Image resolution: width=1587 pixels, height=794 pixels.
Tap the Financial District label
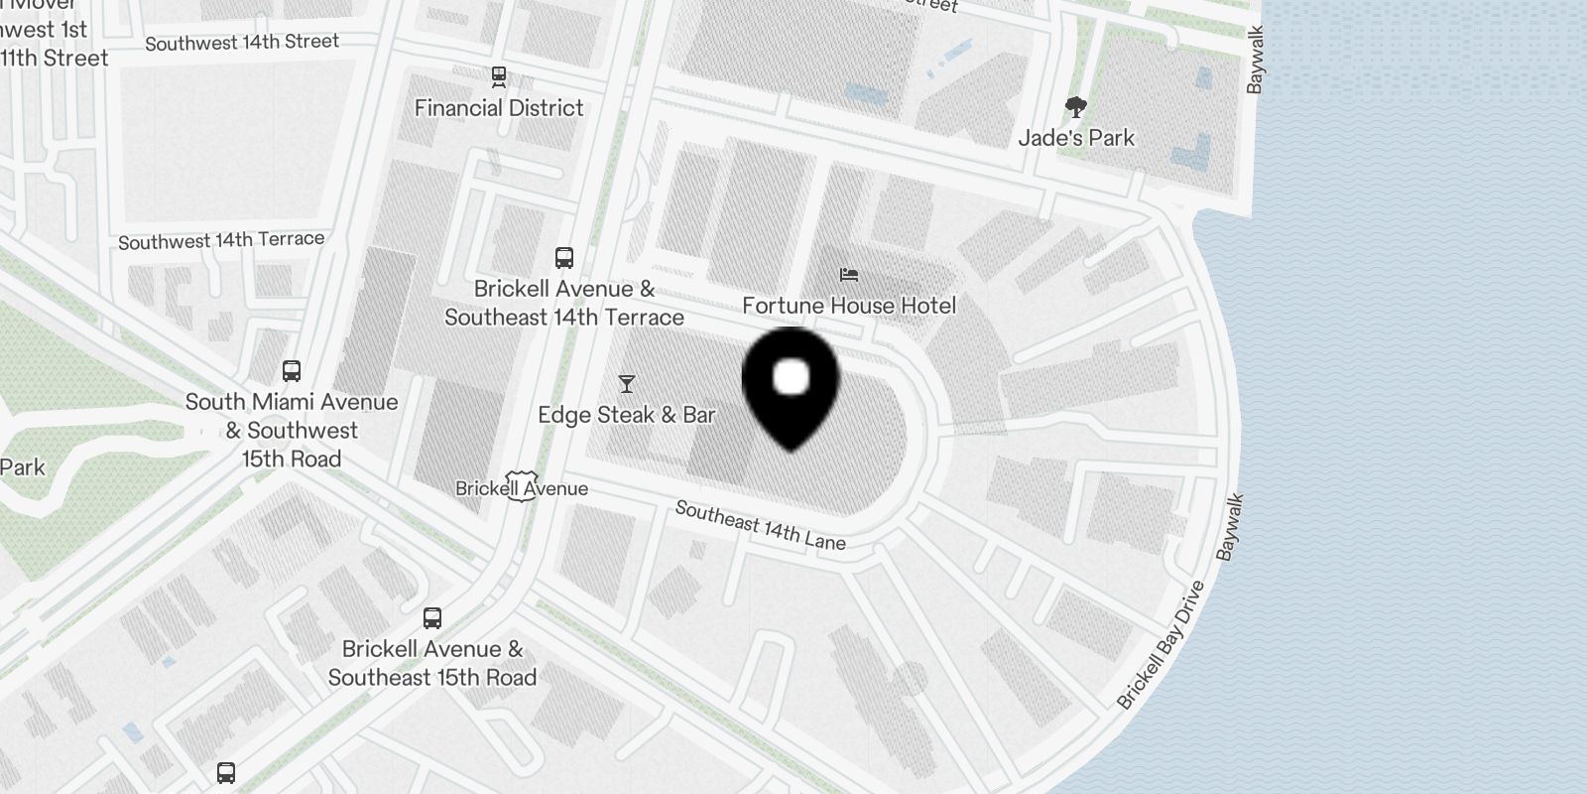499,108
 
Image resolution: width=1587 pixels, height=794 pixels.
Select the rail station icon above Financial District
499,76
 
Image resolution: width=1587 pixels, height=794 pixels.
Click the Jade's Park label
1076,138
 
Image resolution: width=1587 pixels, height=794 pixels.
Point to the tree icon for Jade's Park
1076,107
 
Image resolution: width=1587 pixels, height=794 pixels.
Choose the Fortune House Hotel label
849,306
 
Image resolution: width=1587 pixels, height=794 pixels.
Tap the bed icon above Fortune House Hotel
849,275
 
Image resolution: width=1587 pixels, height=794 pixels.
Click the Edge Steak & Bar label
626,415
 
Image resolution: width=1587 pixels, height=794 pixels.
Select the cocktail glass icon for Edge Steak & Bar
626,384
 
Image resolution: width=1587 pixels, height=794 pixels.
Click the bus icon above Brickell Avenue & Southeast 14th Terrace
564,258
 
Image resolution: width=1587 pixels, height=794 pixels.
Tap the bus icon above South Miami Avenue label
292,371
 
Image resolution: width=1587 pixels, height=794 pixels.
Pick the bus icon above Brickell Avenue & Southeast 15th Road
432,618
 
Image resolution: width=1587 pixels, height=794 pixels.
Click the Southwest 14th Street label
242,43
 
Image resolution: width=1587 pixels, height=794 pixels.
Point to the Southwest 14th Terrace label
221,240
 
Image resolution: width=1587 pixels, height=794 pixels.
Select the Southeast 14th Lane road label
761,525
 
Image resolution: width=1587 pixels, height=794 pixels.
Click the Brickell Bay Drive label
1160,645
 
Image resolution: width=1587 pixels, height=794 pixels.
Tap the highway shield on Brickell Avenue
520,486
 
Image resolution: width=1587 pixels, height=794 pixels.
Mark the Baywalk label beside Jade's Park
1256,61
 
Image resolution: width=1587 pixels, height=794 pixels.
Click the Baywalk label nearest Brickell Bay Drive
1230,528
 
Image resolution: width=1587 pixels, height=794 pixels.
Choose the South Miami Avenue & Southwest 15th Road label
292,431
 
